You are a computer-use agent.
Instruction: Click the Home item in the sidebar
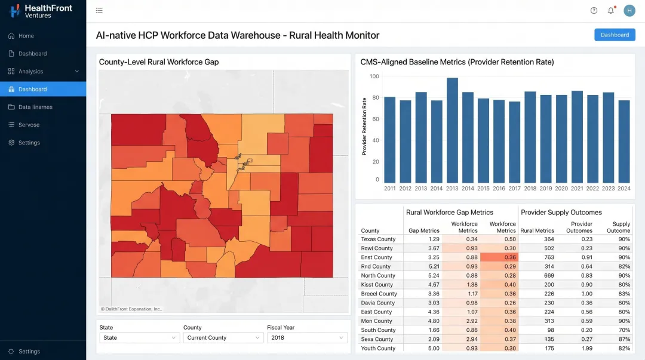pos(26,36)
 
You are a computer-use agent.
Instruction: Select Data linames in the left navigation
pos(35,107)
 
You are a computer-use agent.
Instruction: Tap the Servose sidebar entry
pos(29,125)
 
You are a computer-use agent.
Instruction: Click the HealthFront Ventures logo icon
pos(15,11)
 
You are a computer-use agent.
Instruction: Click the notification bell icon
pos(611,10)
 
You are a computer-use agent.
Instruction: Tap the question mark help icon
pos(594,10)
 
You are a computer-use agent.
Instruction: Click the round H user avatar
pos(629,10)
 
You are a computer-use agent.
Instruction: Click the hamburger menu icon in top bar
pos(99,10)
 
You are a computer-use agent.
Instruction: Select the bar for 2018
pos(530,137)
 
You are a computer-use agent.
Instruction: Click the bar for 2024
pos(624,141)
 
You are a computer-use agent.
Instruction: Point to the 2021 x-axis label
pos(577,188)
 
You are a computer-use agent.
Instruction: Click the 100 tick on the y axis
pos(374,76)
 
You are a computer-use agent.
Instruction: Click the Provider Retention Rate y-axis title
pos(364,126)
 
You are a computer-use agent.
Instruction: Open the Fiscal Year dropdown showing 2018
pos(307,338)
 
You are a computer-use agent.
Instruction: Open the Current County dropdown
pos(223,338)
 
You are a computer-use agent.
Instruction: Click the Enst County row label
pos(376,257)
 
